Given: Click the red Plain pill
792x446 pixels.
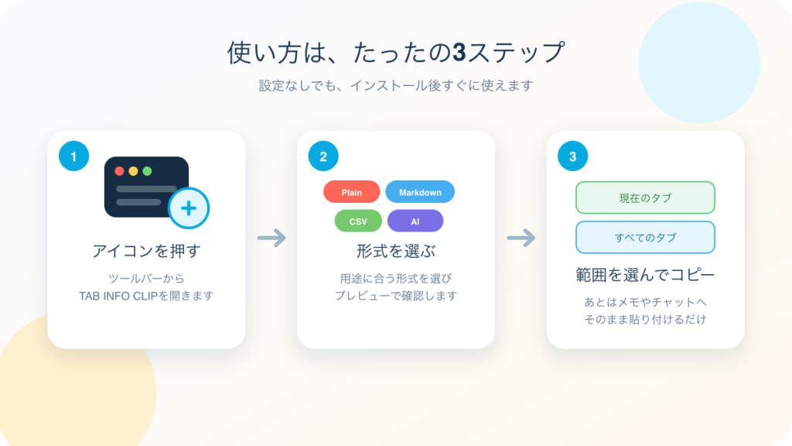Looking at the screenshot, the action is (352, 192).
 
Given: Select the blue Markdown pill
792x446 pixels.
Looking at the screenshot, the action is (420, 192).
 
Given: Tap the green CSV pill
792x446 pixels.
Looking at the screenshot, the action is (358, 221).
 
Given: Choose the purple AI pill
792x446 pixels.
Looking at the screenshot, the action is (415, 221).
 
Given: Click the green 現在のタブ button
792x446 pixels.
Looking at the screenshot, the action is (645, 197).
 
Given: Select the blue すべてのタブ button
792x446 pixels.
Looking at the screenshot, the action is (645, 237).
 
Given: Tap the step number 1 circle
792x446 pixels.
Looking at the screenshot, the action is (73, 156).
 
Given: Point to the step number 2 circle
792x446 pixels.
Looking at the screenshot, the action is (323, 156).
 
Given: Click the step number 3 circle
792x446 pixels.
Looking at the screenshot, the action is (573, 156).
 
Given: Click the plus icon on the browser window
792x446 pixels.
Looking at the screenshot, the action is (189, 208).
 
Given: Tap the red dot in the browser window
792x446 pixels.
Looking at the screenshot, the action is (120, 171).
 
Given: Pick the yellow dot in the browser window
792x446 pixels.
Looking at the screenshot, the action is (133, 171).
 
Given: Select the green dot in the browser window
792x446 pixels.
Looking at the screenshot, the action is (147, 171).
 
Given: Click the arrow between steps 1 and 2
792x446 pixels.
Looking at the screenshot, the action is (271, 238).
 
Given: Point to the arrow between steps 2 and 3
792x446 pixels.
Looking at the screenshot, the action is (521, 238).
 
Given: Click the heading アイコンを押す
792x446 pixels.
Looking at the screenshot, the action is (146, 251).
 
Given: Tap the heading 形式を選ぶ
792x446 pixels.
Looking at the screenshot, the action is (396, 251).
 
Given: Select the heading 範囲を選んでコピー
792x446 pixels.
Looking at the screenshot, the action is (645, 275).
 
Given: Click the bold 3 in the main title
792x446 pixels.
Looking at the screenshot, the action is (459, 52).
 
